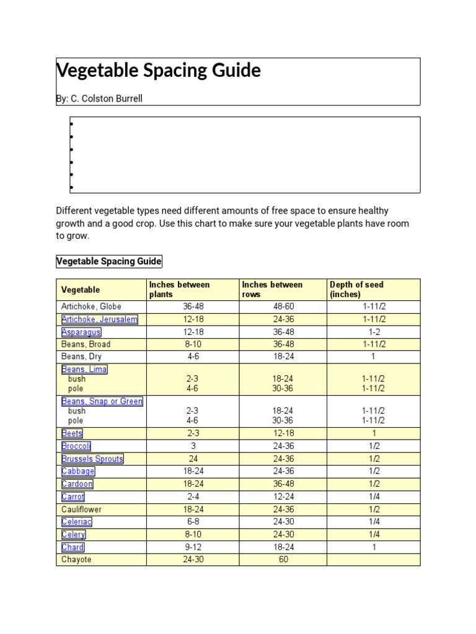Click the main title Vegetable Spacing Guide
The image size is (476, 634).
point(159,71)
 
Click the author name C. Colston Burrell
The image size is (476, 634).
point(107,98)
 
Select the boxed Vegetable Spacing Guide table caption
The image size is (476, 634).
point(109,261)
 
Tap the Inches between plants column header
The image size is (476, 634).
point(180,289)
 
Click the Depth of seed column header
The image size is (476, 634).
point(357,289)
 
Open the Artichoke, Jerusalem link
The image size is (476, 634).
point(99,319)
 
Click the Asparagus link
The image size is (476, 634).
point(81,332)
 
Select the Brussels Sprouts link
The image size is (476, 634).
point(92,459)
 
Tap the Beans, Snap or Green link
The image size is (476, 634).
point(102,401)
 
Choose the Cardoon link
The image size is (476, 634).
point(77,484)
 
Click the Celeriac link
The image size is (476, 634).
point(77,522)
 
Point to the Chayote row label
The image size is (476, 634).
point(76,560)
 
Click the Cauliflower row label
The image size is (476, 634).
point(82,510)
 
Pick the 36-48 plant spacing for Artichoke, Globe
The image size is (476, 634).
point(193,306)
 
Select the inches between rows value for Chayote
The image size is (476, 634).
point(283,560)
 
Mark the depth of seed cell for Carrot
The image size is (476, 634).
point(374,497)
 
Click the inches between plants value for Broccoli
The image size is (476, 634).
point(193,446)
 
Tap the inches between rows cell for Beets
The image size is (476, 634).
point(283,433)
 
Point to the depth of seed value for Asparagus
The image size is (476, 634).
point(374,332)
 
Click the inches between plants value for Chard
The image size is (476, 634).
point(193,547)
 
